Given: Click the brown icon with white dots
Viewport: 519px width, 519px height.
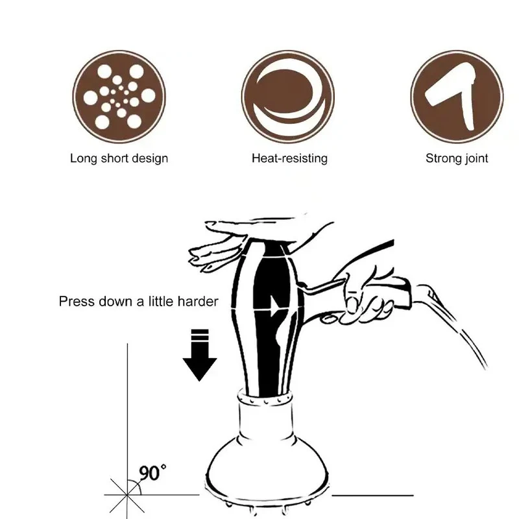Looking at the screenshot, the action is point(119,97).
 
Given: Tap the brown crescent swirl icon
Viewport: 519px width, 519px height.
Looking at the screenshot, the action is point(288,97).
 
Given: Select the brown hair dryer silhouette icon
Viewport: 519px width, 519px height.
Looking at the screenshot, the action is point(457,97).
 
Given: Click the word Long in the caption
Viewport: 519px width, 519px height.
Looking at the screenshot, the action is point(84,158).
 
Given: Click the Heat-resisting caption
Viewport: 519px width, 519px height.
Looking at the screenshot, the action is point(289,158).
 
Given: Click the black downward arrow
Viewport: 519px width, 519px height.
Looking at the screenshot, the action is point(200,355).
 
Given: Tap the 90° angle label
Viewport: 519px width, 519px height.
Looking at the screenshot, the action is point(152,473).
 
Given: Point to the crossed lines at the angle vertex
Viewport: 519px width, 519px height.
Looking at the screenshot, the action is point(127,495).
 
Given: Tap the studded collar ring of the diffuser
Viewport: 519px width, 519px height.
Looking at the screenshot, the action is point(265,397).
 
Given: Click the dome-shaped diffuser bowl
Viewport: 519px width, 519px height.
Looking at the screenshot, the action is point(267,470).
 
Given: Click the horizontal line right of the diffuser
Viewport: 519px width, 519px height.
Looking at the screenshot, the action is point(372,496).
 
